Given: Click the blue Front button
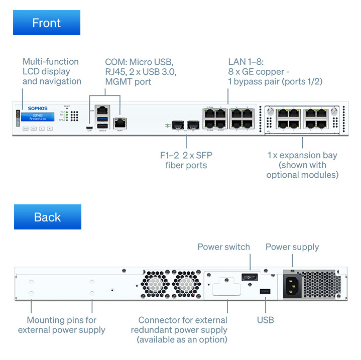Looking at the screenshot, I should pos(46,23).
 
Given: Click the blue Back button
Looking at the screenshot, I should pos(47,217).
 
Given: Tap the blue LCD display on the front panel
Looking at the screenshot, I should pos(38,117).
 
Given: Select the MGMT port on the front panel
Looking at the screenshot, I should pos(121,122).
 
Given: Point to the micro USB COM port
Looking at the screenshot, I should pos(89,129).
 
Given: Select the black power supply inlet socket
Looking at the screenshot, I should pos(293,286).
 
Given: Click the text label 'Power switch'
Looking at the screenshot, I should pos(223,247).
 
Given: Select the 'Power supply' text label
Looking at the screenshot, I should pos(292,247).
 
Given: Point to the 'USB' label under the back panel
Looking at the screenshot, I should pos(265,320).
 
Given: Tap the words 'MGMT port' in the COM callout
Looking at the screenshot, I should pos(127,81).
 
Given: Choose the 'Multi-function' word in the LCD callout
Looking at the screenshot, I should pos(51,62).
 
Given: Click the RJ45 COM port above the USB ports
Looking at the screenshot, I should pos(102,110).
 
